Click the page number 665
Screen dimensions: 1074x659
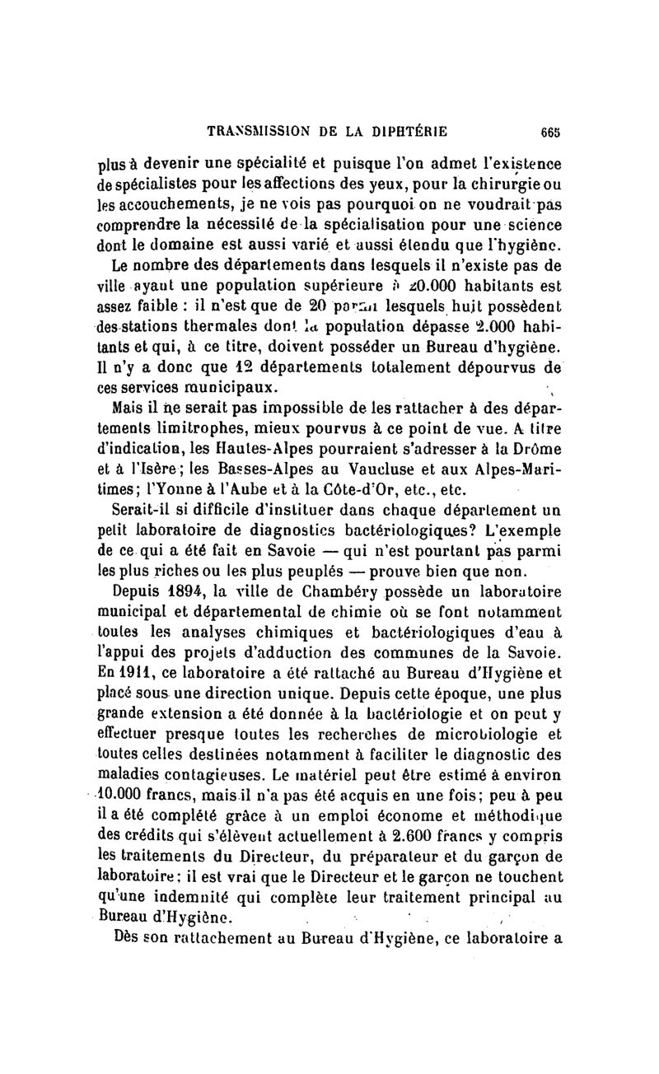tap(551, 129)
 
